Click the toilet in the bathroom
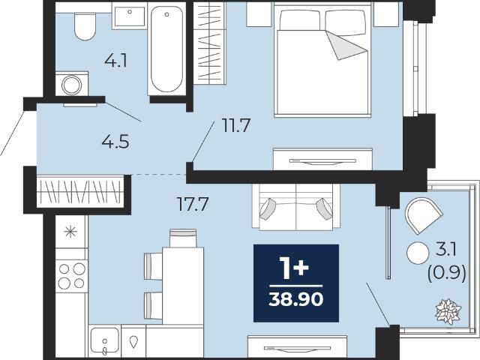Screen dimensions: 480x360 pos(85,26)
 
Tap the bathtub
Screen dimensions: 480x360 pos(166,49)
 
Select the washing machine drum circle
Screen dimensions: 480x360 pos(72,85)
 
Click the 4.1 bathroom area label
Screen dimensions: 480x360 pos(115,61)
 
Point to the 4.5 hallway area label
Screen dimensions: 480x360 pos(115,142)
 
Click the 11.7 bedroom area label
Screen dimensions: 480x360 pos(236,125)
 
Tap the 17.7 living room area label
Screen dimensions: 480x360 pos(193,204)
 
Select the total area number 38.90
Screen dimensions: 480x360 pos(296,299)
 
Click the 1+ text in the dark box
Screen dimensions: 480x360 pos(294,268)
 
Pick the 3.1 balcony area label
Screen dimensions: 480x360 pos(446,250)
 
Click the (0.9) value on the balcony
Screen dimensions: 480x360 pos(447,272)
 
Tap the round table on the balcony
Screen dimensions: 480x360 pos(418,253)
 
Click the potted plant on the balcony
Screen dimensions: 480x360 pos(448,312)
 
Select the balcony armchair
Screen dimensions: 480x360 pos(423,215)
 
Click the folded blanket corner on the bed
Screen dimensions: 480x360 pos(345,44)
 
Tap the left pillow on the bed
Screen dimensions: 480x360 pos(300,20)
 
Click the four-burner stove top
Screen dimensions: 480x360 pos(72,276)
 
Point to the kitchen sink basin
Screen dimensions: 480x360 pos(105,340)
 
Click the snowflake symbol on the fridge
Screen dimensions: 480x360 pos(70,232)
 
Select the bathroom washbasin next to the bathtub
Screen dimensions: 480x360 pos(130,16)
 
